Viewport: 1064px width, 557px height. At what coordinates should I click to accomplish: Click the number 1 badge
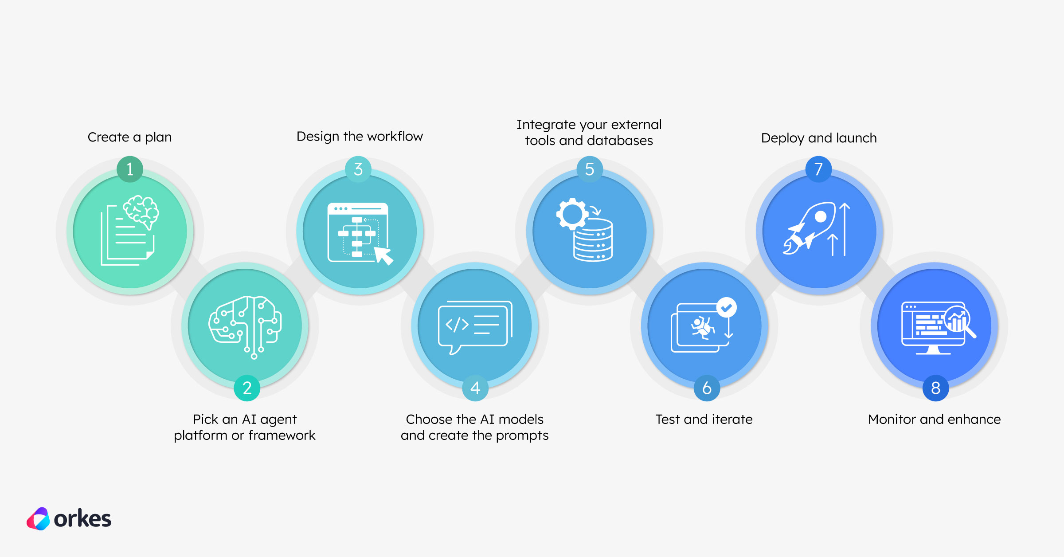tap(130, 169)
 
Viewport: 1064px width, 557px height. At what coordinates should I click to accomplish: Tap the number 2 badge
tap(247, 388)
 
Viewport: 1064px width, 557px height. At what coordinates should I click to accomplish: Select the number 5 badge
tap(589, 169)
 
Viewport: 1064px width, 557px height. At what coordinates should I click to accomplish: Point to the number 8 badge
tap(935, 388)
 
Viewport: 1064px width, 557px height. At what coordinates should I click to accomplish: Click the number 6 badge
tap(707, 388)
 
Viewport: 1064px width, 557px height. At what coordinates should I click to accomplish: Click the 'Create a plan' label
tap(129, 137)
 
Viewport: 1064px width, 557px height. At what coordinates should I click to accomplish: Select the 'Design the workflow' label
tap(360, 136)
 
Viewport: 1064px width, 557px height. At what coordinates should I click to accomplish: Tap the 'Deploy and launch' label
tap(819, 138)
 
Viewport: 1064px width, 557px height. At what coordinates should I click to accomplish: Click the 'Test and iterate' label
tap(704, 419)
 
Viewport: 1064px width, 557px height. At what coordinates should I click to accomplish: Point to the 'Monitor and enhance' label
tap(934, 419)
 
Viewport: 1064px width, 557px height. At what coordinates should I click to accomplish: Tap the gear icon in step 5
tap(572, 214)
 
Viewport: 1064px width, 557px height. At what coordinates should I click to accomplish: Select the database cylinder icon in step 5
tap(593, 242)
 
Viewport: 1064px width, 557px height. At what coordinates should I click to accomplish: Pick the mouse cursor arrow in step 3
tap(383, 255)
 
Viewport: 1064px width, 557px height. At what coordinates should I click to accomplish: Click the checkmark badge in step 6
tap(726, 307)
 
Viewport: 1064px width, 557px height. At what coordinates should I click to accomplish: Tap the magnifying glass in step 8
tap(960, 322)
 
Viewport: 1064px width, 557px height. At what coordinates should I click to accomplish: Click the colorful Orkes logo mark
tap(38, 519)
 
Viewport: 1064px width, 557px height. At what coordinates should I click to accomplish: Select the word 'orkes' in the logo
tap(82, 519)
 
